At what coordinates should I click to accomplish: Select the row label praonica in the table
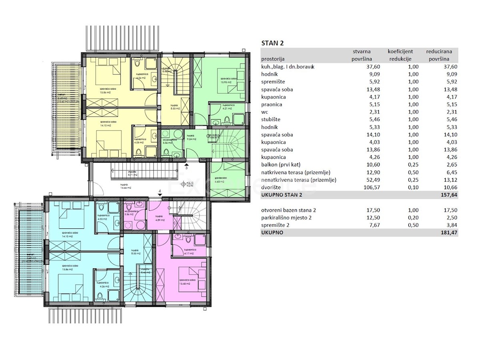(x=272, y=104)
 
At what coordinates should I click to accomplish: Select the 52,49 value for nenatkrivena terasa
(x=362, y=180)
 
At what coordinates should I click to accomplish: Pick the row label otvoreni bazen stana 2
(x=286, y=210)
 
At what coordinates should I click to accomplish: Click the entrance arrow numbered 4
(x=160, y=194)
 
